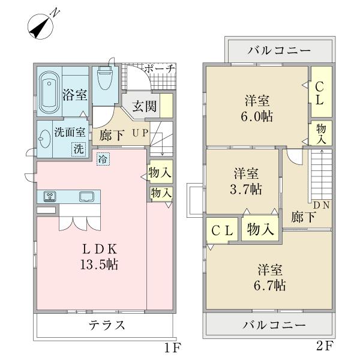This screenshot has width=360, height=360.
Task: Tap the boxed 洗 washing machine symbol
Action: (79, 150)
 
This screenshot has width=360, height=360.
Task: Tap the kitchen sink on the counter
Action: (86, 196)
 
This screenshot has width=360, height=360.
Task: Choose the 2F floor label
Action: (323, 347)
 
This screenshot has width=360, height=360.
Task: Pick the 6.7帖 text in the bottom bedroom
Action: (272, 286)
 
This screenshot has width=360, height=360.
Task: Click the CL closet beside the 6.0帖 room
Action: (319, 94)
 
